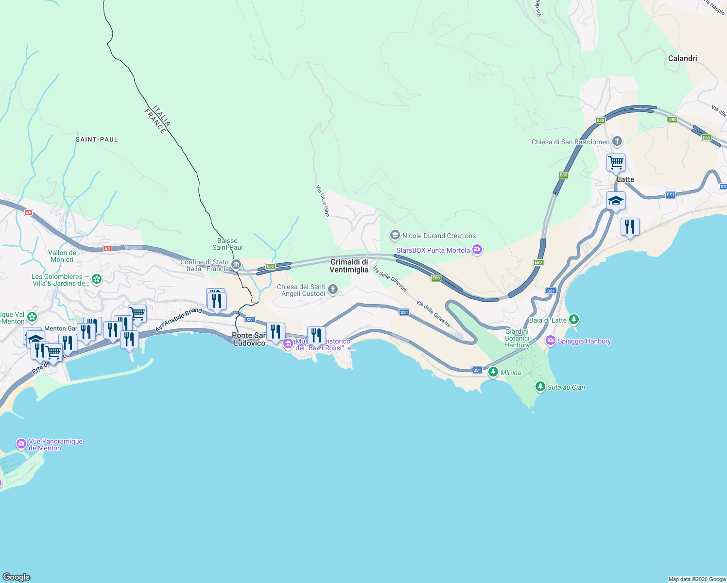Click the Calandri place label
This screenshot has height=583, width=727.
(682, 58)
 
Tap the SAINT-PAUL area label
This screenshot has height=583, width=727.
(97, 139)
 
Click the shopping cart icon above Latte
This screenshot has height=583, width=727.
(616, 163)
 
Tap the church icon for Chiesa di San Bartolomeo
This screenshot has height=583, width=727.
(617, 142)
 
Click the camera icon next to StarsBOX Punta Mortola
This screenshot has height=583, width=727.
(477, 250)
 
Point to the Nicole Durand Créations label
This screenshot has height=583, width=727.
(439, 236)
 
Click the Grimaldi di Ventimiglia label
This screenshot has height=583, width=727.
(349, 266)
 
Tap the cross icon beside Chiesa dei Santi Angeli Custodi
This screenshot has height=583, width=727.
(333, 290)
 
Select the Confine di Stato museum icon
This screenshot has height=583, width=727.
(236, 265)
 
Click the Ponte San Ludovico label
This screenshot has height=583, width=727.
(249, 339)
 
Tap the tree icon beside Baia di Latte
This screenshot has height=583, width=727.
(574, 320)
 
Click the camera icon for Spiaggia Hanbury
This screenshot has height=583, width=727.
(551, 341)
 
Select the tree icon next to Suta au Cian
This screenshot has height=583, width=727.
(540, 387)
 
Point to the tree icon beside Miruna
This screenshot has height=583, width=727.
(493, 372)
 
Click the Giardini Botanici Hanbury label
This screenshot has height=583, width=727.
(517, 339)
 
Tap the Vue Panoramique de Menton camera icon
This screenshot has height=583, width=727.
(21, 444)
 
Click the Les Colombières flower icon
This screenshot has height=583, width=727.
(97, 279)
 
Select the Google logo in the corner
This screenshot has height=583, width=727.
(17, 577)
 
